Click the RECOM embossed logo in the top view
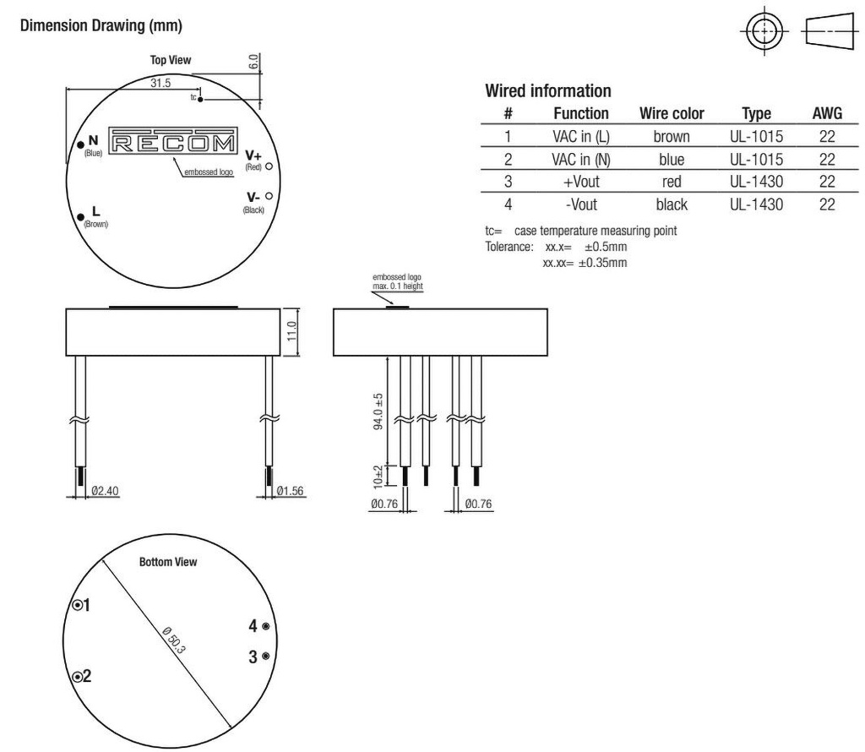(173, 142)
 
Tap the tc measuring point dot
(200, 100)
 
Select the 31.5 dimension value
(160, 84)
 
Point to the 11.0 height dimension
(292, 331)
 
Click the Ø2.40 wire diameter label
(105, 490)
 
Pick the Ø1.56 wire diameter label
(291, 490)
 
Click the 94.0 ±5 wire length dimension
(378, 411)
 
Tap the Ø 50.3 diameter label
(174, 639)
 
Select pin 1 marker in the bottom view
(78, 605)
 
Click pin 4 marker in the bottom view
(266, 626)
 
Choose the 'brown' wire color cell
(672, 136)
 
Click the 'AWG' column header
(827, 113)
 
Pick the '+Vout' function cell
(581, 182)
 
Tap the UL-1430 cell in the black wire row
(756, 204)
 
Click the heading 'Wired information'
(547, 90)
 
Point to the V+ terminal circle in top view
(269, 166)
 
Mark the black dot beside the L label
(81, 217)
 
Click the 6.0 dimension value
(253, 61)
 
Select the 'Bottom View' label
(168, 562)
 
